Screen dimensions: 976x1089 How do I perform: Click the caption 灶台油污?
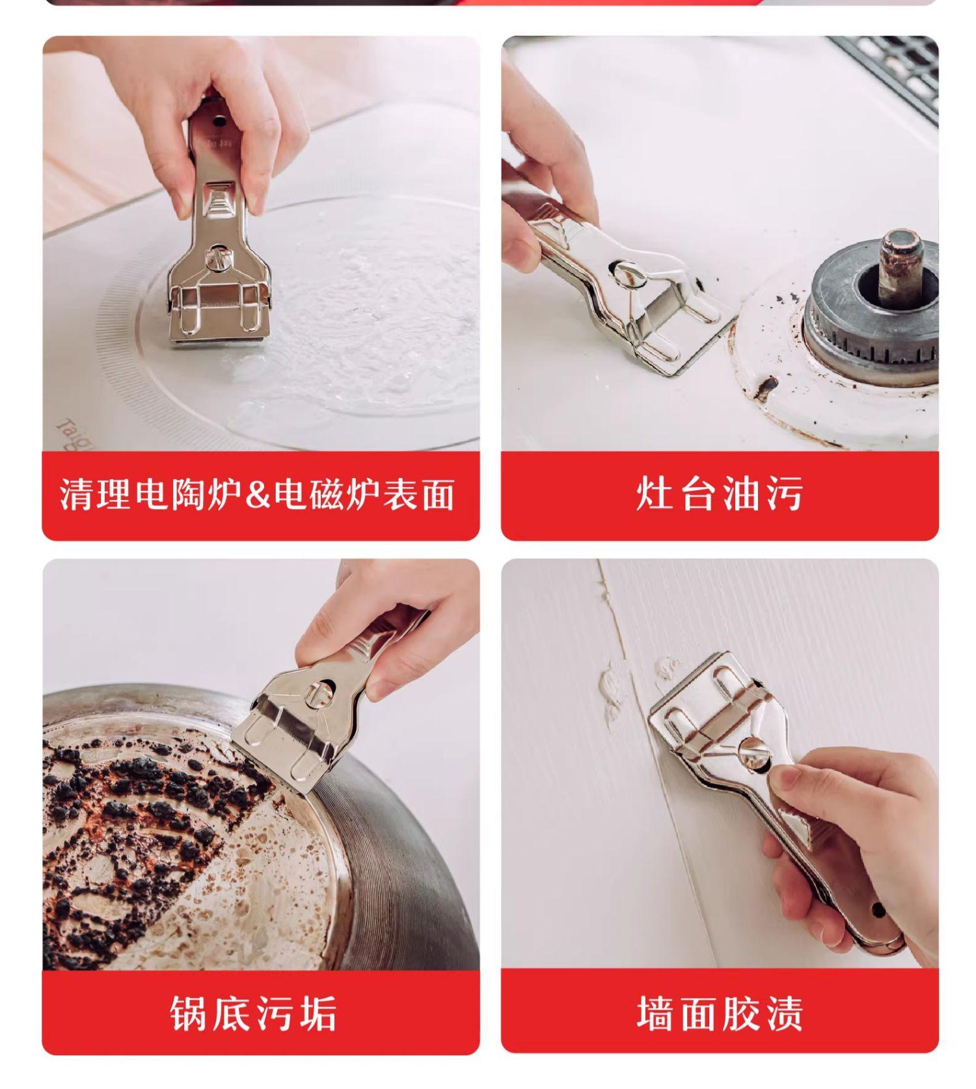[719, 493]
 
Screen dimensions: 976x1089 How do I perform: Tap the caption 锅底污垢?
[254, 1013]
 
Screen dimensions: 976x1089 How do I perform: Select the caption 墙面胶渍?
[720, 1013]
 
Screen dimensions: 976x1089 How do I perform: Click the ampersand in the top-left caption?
[258, 494]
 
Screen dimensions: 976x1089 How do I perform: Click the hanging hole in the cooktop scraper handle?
[220, 120]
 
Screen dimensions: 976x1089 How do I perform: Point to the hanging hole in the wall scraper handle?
[878, 910]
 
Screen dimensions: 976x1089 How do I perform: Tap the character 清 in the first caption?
[76, 494]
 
